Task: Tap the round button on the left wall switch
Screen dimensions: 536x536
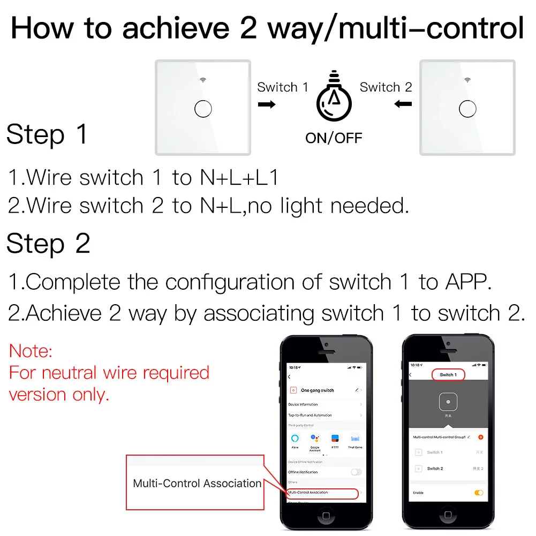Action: coord(203,109)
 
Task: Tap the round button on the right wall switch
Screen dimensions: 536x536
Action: coord(467,109)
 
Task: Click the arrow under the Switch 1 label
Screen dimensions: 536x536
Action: coord(267,104)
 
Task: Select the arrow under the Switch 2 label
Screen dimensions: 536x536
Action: coord(403,104)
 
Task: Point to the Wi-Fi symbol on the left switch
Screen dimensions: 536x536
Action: coord(203,80)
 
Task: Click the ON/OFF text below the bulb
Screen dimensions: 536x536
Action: coord(334,138)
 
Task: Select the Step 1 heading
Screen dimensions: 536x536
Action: coord(47,134)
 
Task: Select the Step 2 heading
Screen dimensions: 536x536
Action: coord(48,244)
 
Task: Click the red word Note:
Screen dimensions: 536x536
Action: coord(31,351)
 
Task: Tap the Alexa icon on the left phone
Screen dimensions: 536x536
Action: coord(295,439)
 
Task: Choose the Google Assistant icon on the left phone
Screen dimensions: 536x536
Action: coord(315,439)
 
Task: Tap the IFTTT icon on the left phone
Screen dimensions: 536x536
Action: coord(335,439)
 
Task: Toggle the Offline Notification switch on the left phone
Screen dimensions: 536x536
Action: coord(356,472)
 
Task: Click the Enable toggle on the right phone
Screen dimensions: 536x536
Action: coord(478,493)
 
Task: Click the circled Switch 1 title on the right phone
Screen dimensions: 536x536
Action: coord(448,375)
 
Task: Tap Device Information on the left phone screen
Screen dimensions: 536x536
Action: coord(303,405)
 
